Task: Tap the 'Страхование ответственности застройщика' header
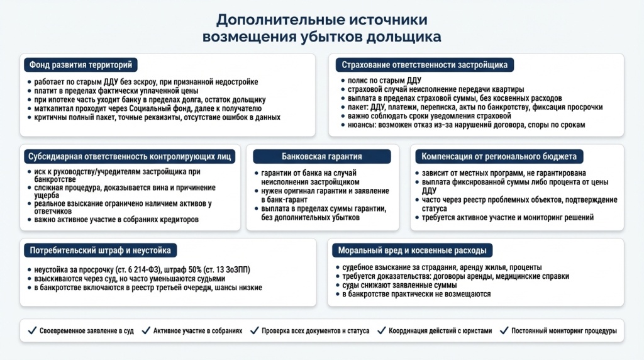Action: click(x=425, y=65)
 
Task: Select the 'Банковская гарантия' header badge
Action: click(x=321, y=156)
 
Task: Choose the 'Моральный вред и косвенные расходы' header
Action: click(x=412, y=250)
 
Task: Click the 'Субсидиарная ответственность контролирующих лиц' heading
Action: click(x=130, y=156)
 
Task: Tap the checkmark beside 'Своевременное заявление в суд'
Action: click(x=32, y=330)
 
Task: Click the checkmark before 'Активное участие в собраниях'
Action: click(x=146, y=330)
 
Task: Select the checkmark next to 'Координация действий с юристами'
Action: click(x=381, y=330)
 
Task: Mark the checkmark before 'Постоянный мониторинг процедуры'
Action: click(x=504, y=330)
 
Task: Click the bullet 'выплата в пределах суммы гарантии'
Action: click(x=323, y=208)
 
